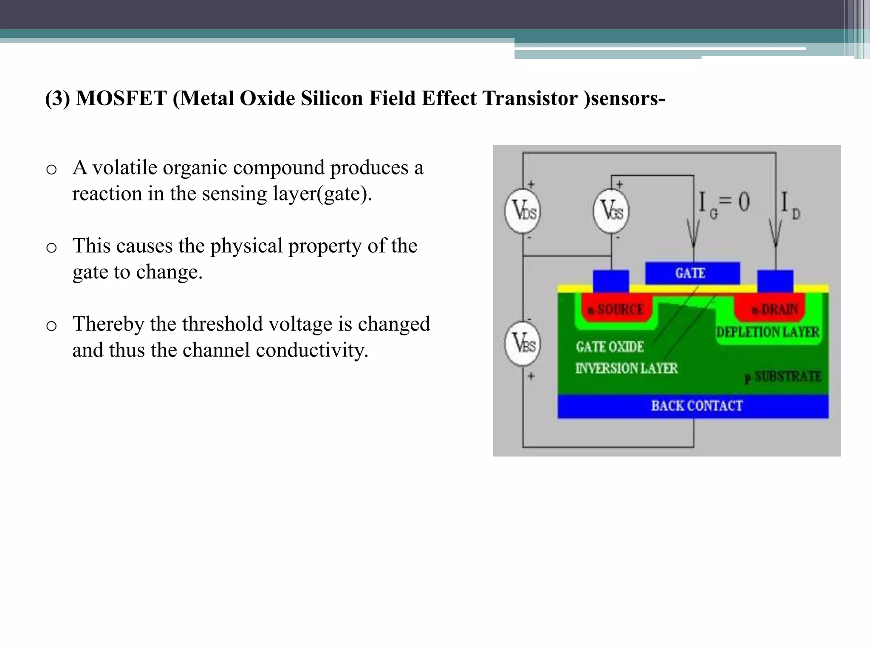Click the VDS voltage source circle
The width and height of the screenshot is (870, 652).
tap(523, 211)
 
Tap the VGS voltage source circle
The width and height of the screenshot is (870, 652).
tap(611, 211)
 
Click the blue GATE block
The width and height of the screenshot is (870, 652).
tap(692, 273)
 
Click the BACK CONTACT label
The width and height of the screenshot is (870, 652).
tap(697, 406)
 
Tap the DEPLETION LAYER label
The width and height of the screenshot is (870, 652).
tap(768, 332)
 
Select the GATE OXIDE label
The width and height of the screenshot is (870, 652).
tap(610, 347)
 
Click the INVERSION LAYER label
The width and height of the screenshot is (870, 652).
tap(626, 368)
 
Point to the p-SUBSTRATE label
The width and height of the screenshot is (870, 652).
tap(782, 377)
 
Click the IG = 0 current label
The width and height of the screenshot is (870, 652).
tap(724, 204)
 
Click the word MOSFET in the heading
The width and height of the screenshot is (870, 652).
tap(121, 98)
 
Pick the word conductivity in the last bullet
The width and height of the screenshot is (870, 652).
tap(312, 351)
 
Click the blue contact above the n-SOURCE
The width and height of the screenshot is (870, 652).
tap(611, 281)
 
